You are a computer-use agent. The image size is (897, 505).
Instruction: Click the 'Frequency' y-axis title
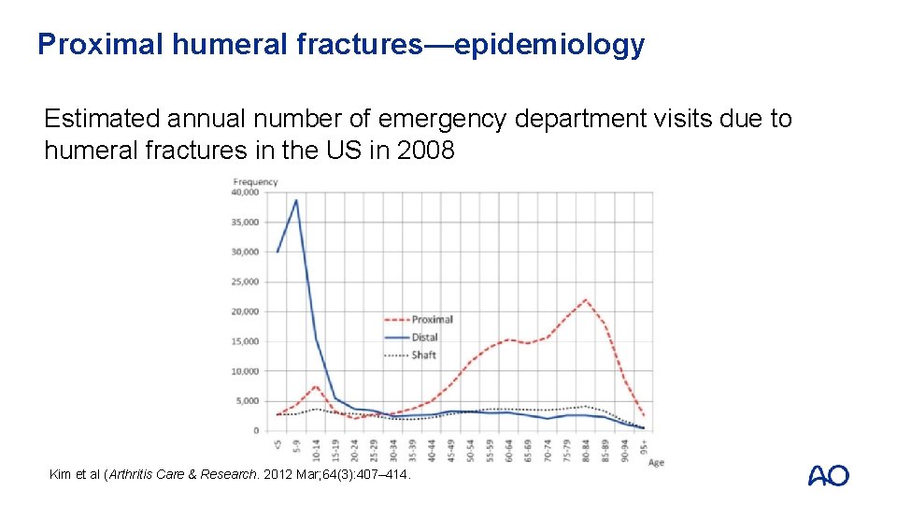click(255, 181)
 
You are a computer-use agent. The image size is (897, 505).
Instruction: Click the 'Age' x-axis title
click(656, 462)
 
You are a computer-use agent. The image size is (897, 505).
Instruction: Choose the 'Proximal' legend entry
click(432, 320)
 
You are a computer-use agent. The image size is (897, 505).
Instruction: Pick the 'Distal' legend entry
click(424, 338)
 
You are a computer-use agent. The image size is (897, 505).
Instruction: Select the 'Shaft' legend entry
click(423, 355)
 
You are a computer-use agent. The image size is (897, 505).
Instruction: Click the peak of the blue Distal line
click(296, 199)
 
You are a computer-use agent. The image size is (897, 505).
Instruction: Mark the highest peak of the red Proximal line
click(585, 300)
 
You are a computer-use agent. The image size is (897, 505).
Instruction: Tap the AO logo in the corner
click(828, 475)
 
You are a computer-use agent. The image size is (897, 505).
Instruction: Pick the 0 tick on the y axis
click(256, 431)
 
